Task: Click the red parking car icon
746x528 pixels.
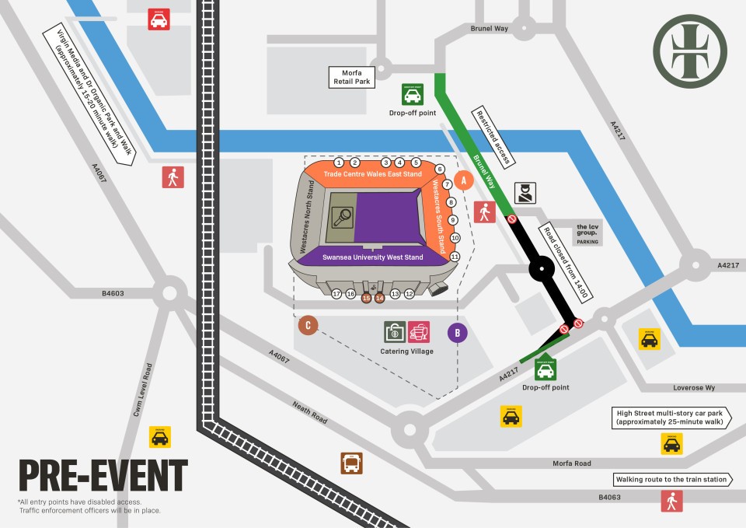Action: (x=159, y=19)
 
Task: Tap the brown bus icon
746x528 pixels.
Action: (x=351, y=463)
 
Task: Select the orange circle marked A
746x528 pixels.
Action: (x=464, y=180)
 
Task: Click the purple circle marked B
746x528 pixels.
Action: (x=458, y=333)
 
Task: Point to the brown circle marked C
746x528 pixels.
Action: (x=309, y=325)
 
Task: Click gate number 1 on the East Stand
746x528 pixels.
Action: (x=339, y=163)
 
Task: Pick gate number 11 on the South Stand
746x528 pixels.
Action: (x=455, y=257)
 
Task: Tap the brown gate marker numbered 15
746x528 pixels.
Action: (x=366, y=297)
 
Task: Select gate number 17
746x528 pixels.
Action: (x=336, y=294)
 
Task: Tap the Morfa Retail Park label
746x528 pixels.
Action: (x=352, y=75)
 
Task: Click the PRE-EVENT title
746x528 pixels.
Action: (x=103, y=475)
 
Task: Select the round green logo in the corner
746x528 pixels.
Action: (x=689, y=51)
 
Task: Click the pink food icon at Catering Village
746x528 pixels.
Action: (x=419, y=332)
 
